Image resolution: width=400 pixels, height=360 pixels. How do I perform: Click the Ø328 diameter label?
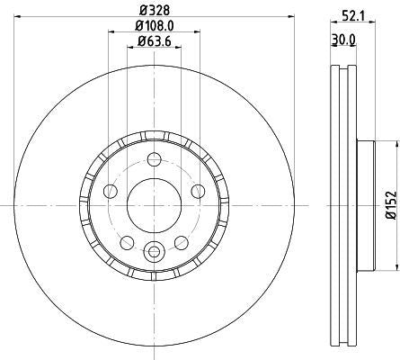[x=153, y=13]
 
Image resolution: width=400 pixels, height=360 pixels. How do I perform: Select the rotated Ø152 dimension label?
[x=390, y=205]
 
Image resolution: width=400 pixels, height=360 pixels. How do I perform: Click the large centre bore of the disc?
[x=153, y=205]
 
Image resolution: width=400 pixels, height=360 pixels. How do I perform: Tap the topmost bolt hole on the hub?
[x=153, y=160]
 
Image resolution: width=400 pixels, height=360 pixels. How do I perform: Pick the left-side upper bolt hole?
[x=111, y=191]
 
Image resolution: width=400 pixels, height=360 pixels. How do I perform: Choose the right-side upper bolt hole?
[x=196, y=191]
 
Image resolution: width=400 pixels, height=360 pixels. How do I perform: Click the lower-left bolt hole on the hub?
[x=127, y=241]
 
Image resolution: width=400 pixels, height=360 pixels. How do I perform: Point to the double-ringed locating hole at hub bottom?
[x=153, y=251]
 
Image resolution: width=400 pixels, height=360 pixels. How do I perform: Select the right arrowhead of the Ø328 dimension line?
[x=292, y=22]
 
